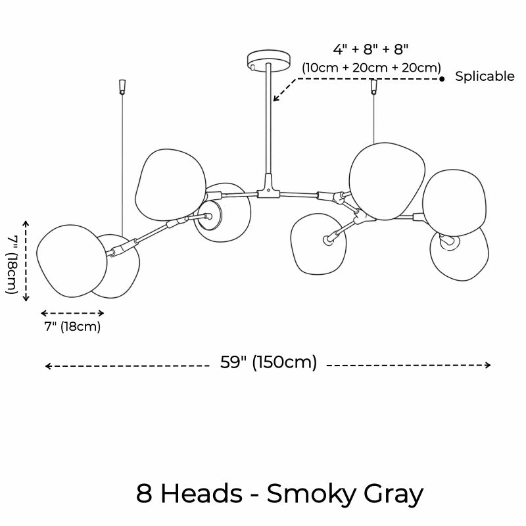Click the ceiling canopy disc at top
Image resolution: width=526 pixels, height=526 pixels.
[268, 60]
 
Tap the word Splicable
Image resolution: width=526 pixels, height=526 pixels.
[485, 77]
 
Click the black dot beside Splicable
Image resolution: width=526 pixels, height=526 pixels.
[442, 79]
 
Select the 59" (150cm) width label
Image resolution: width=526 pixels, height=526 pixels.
[268, 362]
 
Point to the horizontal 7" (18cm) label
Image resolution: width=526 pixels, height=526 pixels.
[72, 326]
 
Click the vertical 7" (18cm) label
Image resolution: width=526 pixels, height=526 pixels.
[12, 265]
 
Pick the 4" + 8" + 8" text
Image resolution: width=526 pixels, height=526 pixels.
[371, 49]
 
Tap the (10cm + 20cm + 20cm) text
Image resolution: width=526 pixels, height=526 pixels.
[371, 68]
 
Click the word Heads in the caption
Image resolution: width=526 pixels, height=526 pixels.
[202, 494]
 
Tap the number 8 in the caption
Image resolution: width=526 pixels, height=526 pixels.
[144, 494]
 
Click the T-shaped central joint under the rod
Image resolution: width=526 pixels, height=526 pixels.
[268, 187]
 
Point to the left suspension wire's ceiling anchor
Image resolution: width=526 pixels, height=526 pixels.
[122, 87]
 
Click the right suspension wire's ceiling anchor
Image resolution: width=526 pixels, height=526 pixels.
[373, 87]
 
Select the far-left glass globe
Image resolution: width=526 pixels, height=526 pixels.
[72, 261]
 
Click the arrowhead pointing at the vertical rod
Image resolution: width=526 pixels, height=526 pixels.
[275, 98]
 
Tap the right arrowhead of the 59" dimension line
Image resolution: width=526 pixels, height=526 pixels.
[489, 365]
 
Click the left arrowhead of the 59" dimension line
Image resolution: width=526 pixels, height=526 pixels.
[48, 366]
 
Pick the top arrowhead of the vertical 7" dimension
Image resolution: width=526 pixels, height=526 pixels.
[26, 223]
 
